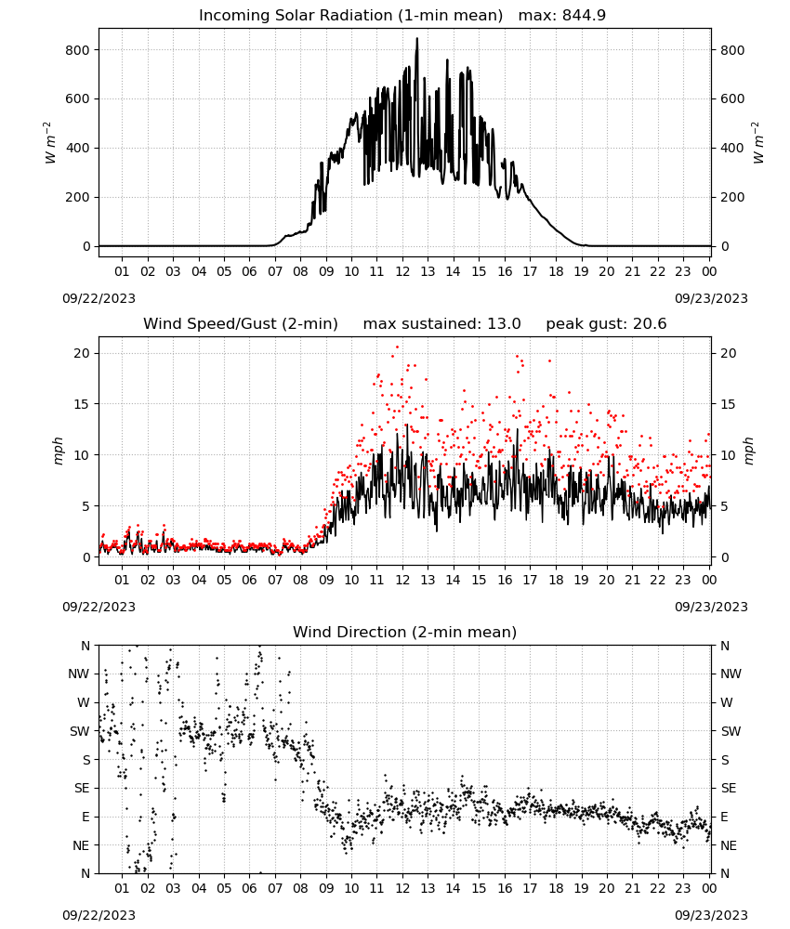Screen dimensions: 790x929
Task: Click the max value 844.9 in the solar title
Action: [x=584, y=15]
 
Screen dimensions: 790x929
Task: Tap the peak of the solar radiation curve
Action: [x=416, y=39]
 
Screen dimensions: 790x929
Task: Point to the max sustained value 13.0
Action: [x=504, y=323]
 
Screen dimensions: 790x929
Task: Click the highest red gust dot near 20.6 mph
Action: [x=397, y=347]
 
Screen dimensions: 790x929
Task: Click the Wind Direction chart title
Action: [x=405, y=632]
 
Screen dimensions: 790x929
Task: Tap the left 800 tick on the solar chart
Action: [x=78, y=50]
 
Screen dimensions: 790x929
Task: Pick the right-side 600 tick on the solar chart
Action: [x=732, y=99]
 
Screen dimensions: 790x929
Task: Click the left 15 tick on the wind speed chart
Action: [x=83, y=404]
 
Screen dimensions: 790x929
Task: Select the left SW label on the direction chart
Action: [x=79, y=731]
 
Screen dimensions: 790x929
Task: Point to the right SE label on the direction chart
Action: [x=729, y=788]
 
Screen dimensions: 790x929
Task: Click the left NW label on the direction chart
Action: [x=78, y=674]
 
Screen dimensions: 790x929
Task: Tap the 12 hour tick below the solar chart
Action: [x=402, y=271]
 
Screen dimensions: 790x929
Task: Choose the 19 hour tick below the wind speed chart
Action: [x=581, y=580]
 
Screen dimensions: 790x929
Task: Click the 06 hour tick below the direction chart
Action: [x=249, y=888]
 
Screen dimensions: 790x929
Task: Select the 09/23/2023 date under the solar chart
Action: [x=711, y=298]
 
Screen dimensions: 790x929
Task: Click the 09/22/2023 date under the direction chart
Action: [x=99, y=915]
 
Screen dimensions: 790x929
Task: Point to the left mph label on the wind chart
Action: [x=58, y=451]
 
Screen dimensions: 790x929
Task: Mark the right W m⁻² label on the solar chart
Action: [x=758, y=143]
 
